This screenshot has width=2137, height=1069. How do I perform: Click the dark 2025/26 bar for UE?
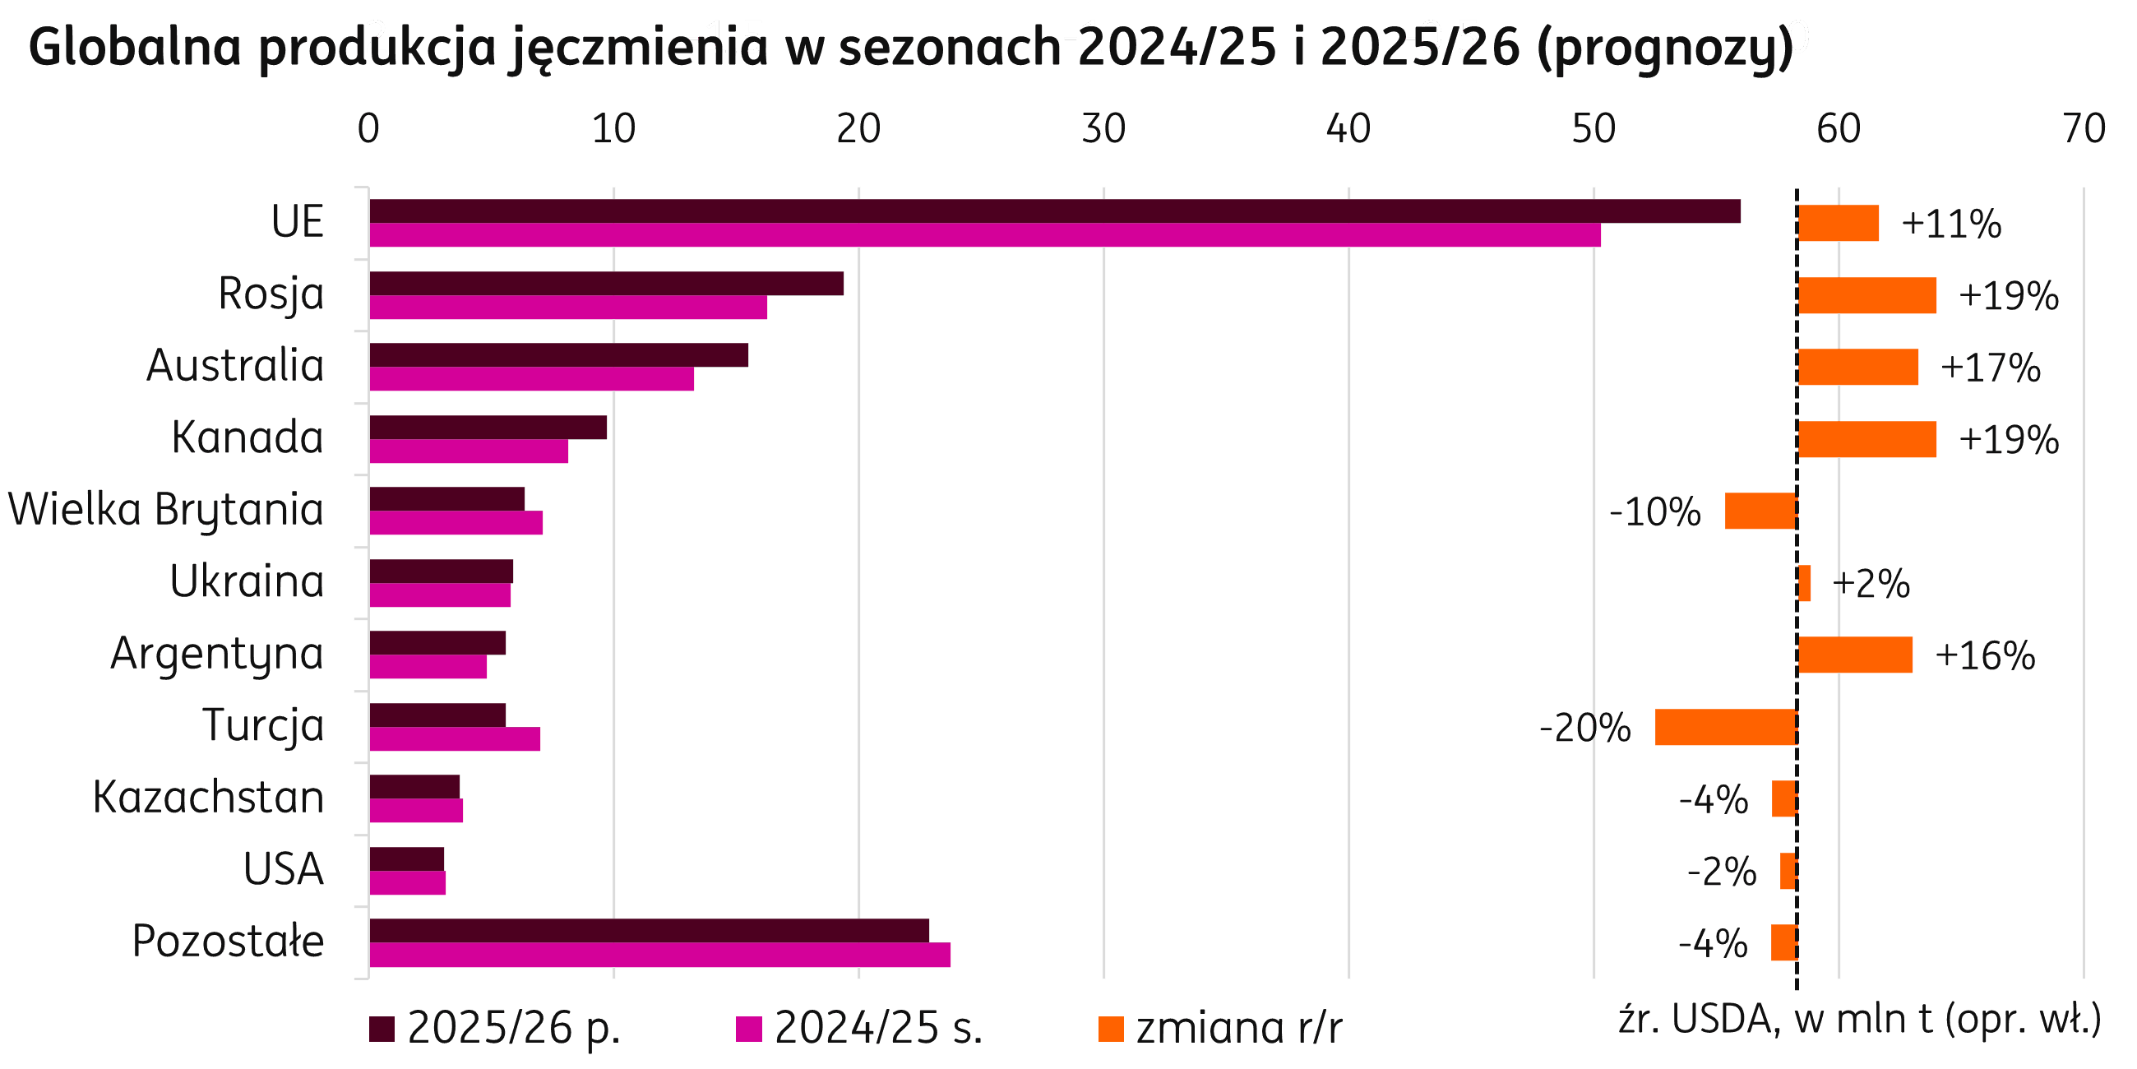[1053, 211]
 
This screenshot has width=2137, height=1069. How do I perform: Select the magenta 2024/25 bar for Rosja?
[568, 308]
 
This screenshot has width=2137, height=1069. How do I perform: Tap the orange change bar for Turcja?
[1726, 727]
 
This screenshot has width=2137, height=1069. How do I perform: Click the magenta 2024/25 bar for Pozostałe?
[659, 956]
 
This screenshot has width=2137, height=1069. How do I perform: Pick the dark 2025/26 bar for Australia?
[558, 355]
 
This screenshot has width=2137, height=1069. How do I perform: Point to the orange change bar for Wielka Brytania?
[1760, 511]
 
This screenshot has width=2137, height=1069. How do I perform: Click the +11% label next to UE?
[1951, 224]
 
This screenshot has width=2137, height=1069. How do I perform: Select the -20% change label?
[1584, 729]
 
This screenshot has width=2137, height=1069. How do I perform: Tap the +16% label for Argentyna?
[1984, 655]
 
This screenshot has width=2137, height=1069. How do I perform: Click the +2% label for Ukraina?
[1871, 585]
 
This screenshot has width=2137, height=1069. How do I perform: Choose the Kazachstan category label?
[208, 798]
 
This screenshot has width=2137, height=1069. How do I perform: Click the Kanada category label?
[247, 437]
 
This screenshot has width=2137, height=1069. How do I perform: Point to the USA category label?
[283, 870]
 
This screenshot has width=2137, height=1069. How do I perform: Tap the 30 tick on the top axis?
[1103, 129]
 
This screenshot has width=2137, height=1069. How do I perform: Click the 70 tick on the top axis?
[2083, 129]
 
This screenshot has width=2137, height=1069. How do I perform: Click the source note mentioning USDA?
[1859, 1020]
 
